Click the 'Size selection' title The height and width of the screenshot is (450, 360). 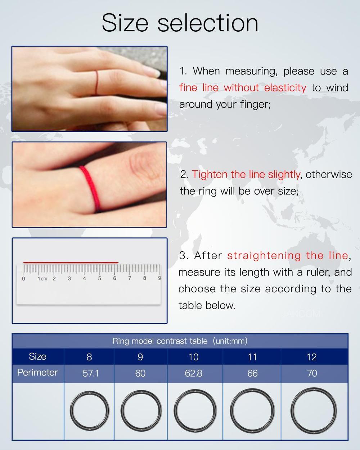pos(180,23)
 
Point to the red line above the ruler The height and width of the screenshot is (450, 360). pos(71,262)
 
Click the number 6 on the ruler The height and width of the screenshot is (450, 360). pos(114,278)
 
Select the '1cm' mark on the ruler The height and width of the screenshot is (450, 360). pos(42,279)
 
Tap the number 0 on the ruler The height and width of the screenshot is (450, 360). pos(23,279)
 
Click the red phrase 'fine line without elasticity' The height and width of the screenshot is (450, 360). pos(243,87)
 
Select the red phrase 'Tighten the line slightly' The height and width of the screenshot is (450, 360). pos(246,174)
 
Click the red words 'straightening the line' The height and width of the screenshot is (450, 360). pos(287,256)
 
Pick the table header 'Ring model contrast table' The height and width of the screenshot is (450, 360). pos(160,341)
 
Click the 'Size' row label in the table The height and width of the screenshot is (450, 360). pos(37,356)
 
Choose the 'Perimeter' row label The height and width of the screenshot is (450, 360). pos(37,373)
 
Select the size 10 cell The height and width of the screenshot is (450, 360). pos(193,357)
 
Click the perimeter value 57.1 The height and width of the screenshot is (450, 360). pos(91,373)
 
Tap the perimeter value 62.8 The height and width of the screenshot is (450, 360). pos(193,373)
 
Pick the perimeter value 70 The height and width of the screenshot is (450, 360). pos(312,373)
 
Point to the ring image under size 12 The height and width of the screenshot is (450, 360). pos(313,410)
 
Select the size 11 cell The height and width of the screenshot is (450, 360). pos(252,357)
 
